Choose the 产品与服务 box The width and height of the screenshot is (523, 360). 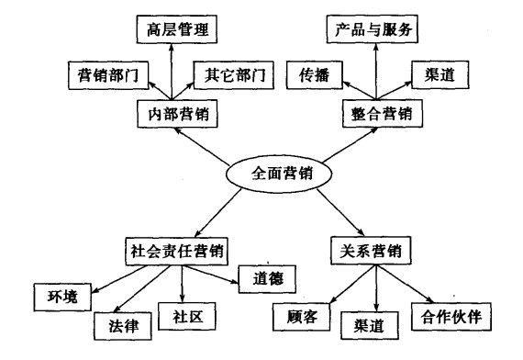[373, 28]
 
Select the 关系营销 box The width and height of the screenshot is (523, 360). [365, 249]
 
